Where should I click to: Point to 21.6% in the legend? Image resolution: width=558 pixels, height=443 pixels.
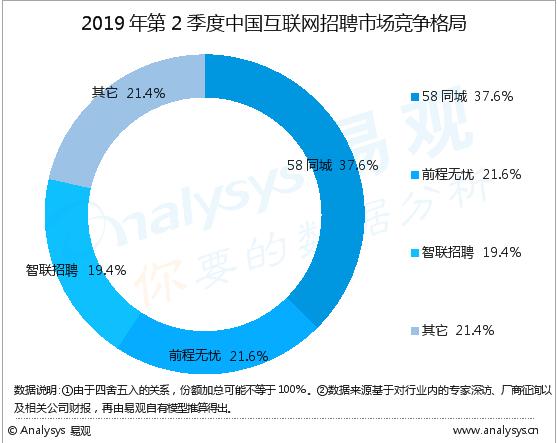coord(501,175)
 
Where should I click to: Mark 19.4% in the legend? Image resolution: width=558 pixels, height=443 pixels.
coord(501,252)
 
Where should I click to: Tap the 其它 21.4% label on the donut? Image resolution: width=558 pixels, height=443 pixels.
coord(128,92)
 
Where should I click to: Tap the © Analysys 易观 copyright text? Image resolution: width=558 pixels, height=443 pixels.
coord(50,431)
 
